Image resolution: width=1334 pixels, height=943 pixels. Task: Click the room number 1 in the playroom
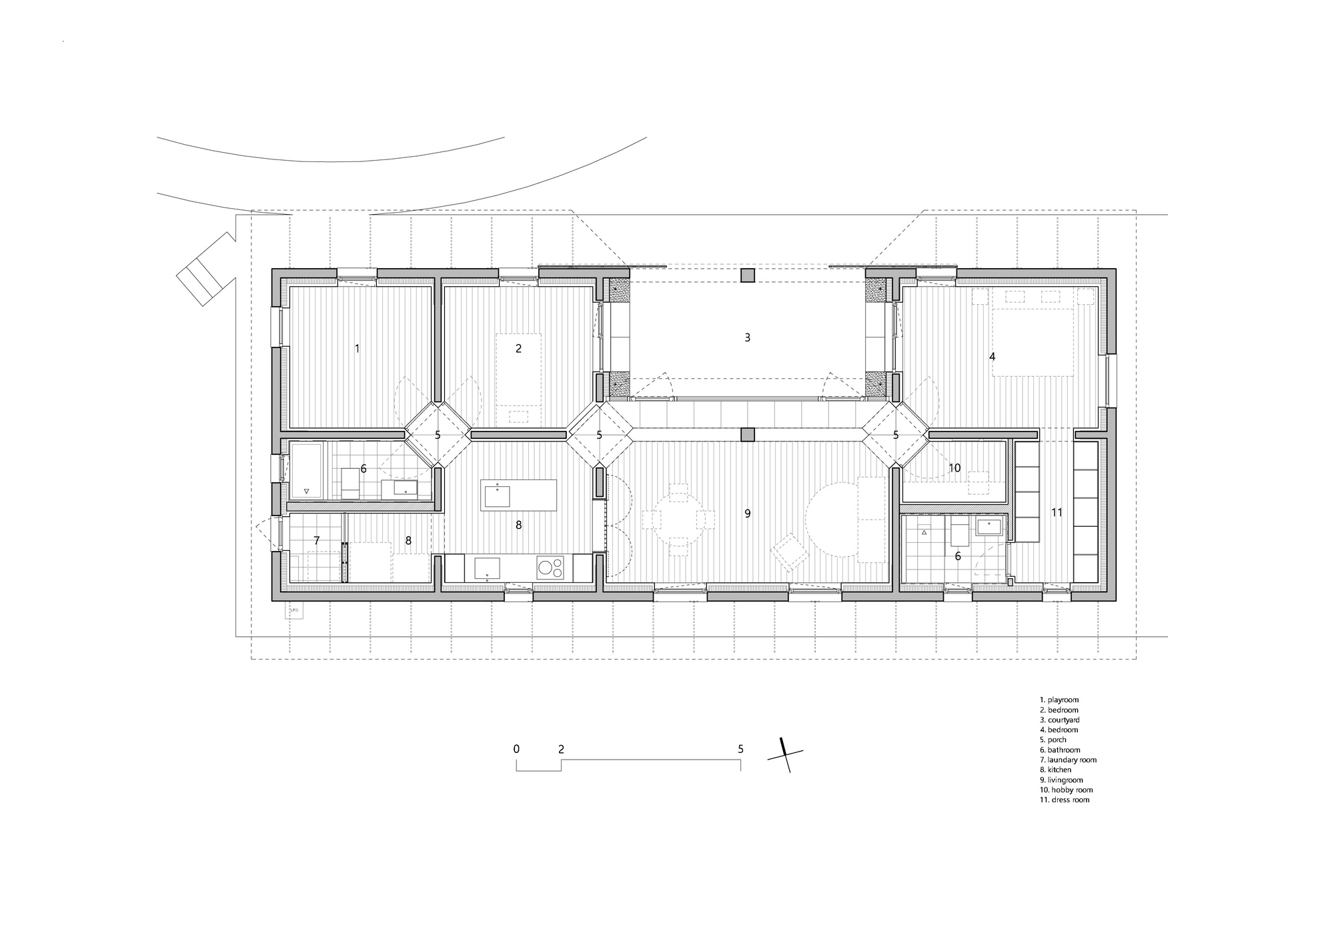[x=357, y=348]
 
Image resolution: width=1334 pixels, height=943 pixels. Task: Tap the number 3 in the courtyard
[x=747, y=337]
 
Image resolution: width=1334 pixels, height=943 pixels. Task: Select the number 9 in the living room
[x=747, y=514]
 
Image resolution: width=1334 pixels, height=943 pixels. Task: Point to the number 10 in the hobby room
[x=954, y=468]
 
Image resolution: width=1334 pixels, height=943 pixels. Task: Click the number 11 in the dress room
[x=1057, y=513]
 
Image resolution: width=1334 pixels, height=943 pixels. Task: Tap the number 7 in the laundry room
[x=317, y=540]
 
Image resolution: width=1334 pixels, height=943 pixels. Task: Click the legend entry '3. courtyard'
[x=1059, y=720]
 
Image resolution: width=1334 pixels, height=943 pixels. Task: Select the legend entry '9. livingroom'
[x=1061, y=780]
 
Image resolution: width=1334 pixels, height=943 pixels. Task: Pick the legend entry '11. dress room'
[x=1064, y=800]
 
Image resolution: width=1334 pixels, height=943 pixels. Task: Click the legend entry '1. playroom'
[x=1059, y=700]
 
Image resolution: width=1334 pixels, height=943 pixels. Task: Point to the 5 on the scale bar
[x=740, y=749]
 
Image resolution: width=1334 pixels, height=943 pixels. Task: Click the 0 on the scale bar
[x=516, y=749]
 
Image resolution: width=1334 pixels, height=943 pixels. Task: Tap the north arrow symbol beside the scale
[x=785, y=755]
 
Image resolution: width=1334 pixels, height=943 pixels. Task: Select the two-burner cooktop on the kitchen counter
[x=550, y=569]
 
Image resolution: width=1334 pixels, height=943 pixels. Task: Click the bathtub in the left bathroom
[x=306, y=470]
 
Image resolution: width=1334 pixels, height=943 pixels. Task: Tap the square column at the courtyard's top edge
[x=748, y=275]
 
